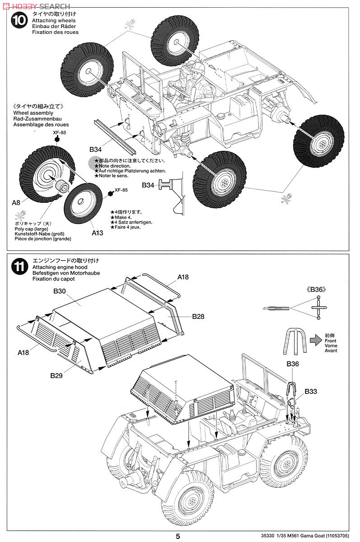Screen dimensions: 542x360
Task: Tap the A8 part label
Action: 16,203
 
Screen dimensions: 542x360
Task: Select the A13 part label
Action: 98,233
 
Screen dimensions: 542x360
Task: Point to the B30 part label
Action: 60,291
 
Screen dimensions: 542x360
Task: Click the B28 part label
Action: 198,317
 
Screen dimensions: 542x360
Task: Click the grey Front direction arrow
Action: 315,339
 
